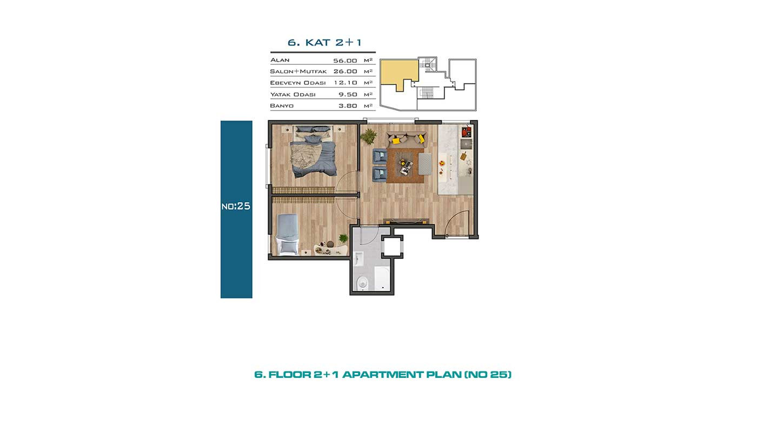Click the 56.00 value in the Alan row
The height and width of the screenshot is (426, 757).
345,61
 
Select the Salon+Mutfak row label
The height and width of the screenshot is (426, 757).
298,71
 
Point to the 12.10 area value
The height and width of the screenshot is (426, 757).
346,83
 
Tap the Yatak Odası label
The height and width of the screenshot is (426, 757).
293,95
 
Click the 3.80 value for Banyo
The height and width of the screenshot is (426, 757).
348,106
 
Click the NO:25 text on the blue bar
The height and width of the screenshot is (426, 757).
236,206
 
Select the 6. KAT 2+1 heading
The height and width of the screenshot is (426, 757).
324,43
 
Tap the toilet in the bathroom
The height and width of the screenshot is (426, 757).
362,282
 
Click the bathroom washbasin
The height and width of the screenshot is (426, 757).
358,258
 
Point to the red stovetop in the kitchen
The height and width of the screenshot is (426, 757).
466,131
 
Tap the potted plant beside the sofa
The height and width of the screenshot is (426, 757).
368,136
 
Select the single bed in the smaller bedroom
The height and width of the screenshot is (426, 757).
288,234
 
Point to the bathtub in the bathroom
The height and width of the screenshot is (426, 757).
383,278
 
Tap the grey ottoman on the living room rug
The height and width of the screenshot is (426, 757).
425,164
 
